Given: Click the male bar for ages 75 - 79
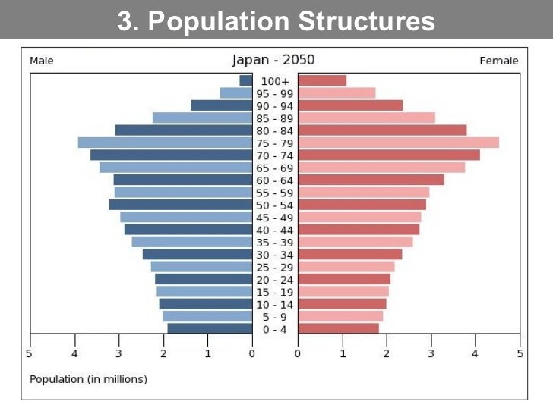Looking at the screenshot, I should [165, 143].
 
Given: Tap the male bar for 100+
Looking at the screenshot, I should [245, 80].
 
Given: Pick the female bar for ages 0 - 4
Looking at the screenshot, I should [338, 328].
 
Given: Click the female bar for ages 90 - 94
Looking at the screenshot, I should [350, 105].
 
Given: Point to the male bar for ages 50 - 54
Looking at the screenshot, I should [180, 205].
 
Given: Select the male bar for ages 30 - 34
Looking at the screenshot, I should [197, 254].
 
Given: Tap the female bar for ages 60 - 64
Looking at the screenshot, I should [371, 180].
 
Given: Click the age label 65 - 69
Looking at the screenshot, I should [274, 168].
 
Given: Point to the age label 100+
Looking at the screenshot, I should [274, 80].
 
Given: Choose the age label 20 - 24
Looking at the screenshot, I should [274, 279].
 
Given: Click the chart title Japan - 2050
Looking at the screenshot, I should [273, 60].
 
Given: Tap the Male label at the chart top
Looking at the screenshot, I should [41, 61].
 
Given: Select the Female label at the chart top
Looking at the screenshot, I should [499, 61].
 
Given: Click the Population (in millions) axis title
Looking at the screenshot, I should [88, 378].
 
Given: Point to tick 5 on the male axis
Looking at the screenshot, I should [30, 353].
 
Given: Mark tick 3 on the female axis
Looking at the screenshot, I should [431, 353].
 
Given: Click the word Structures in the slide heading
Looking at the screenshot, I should [367, 21].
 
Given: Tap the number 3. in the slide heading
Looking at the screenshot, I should [129, 21].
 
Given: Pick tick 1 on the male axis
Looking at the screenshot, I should [207, 353].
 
